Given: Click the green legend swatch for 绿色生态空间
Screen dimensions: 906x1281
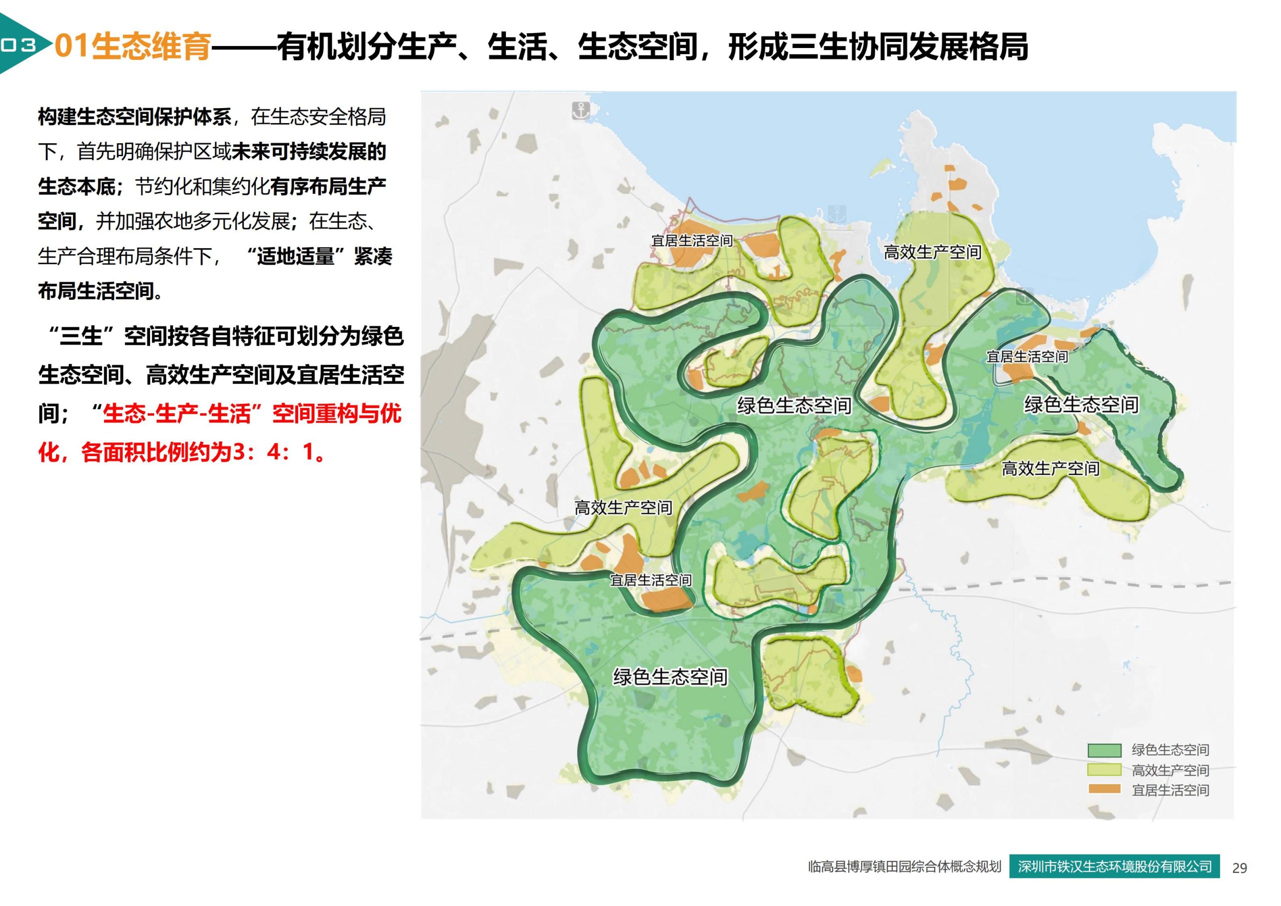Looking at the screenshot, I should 1104,750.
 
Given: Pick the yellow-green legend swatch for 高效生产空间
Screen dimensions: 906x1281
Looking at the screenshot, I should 1104,770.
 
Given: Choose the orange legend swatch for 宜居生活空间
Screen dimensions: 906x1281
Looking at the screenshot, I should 1104,789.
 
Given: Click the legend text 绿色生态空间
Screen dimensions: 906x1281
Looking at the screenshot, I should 1170,750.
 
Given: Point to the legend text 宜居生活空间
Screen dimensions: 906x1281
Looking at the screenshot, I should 1170,790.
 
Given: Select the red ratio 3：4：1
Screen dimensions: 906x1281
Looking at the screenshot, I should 273,452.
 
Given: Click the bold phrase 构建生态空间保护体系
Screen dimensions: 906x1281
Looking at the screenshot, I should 135,117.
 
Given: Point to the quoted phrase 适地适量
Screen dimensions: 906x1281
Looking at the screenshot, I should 295,256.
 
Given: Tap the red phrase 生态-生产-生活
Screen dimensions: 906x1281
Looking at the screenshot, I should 175,414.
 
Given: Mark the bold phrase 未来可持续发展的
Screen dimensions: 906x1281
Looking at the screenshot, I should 309,152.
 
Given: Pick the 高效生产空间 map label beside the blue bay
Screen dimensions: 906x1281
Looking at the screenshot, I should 932,252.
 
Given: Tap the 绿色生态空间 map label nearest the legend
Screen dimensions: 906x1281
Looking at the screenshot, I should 1081,405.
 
